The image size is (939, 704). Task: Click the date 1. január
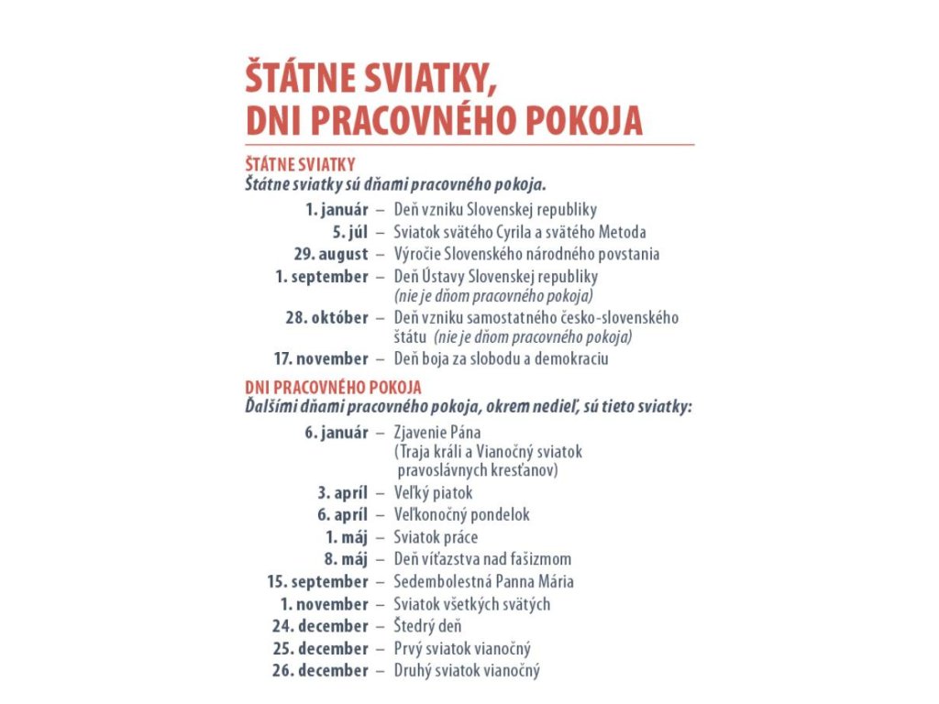(x=337, y=210)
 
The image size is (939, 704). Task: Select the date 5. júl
(x=349, y=232)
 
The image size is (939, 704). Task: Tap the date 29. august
(x=331, y=254)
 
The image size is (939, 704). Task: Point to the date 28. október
(x=327, y=318)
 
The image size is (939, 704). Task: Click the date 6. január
(x=337, y=433)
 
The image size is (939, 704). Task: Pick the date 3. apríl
(x=343, y=493)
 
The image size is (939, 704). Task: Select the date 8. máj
(x=346, y=559)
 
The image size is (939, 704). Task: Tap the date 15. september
(x=317, y=581)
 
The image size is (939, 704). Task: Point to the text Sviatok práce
(x=436, y=537)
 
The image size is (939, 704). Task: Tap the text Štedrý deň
(x=427, y=626)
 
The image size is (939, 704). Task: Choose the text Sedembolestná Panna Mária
(x=483, y=581)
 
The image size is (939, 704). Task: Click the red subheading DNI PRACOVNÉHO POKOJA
(x=333, y=388)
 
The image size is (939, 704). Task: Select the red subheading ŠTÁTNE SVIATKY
(x=300, y=165)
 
